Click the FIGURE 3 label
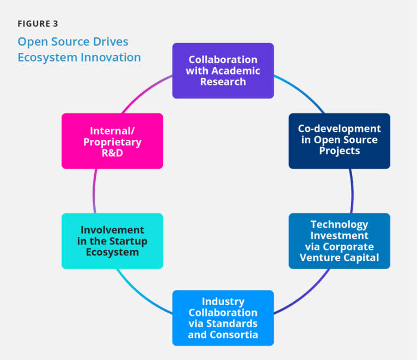pyautogui.click(x=38, y=24)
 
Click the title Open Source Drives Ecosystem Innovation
pyautogui.click(x=79, y=49)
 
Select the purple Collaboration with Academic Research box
pyautogui.click(x=223, y=71)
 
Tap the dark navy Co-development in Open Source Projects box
pyautogui.click(x=339, y=141)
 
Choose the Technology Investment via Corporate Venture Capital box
pyautogui.click(x=339, y=241)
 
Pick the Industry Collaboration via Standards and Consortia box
pyautogui.click(x=223, y=318)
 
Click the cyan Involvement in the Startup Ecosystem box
pyautogui.click(x=112, y=241)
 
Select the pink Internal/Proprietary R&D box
pyautogui.click(x=112, y=141)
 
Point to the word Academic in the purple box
pyautogui.click(x=237, y=71)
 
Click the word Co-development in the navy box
pyautogui.click(x=339, y=129)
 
